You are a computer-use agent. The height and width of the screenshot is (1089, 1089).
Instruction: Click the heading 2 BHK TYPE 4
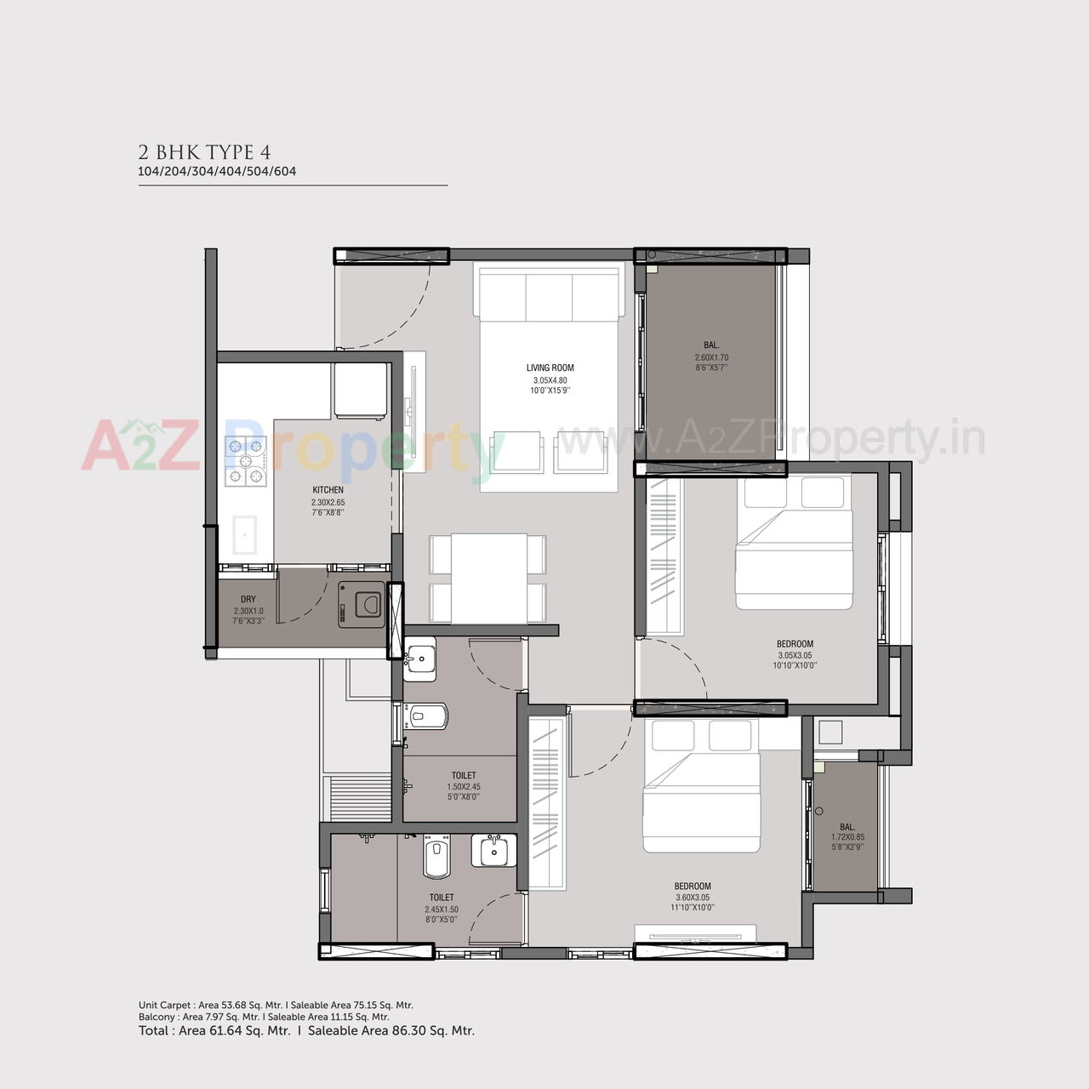204,152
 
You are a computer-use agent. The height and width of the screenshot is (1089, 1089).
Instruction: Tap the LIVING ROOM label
550,368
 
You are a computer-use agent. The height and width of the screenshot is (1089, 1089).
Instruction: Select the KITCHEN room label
328,490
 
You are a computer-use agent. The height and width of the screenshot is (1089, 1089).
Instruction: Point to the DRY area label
248,600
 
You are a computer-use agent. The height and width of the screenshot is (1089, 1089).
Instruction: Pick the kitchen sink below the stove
244,535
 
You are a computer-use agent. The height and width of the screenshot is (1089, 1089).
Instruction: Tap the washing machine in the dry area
362,605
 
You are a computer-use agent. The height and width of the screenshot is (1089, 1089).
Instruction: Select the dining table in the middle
488,579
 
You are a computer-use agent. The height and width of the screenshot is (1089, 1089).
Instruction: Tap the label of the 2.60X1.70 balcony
711,345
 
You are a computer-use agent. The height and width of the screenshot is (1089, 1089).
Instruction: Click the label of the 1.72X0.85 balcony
847,827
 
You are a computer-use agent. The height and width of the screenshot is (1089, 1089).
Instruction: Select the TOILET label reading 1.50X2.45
464,776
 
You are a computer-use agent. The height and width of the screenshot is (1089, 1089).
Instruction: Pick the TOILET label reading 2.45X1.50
442,898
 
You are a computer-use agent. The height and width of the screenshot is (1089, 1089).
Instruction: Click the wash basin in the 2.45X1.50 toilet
493,851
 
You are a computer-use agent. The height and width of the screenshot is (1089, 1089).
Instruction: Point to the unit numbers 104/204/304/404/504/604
217,171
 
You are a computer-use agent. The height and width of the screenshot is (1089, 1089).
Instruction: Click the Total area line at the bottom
306,1030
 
